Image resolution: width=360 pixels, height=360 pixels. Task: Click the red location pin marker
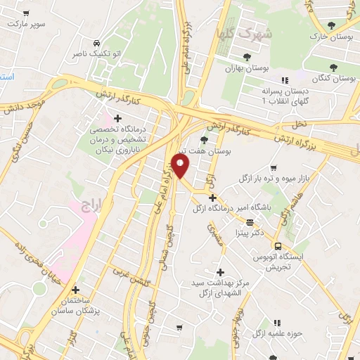181,166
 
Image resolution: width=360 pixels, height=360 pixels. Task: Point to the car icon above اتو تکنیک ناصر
96,41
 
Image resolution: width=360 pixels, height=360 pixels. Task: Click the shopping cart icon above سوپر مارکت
26,13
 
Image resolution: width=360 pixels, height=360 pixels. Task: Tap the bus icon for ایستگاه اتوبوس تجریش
279,246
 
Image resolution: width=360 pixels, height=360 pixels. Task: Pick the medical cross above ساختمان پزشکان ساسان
75,289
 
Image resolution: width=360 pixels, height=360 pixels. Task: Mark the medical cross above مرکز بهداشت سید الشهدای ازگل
220,271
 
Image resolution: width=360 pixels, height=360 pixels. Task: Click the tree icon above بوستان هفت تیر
204,140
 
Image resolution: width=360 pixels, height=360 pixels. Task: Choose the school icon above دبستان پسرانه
284,81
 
